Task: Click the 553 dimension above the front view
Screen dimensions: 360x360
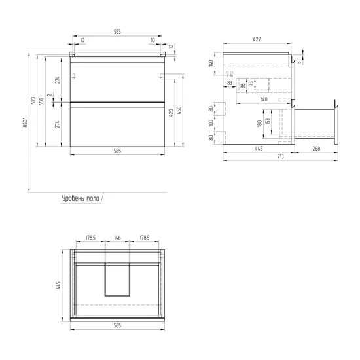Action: click(117, 32)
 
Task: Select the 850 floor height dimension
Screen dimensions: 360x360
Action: click(26, 122)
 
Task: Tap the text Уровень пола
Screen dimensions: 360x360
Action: click(81, 198)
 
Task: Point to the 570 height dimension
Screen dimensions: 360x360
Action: click(33, 101)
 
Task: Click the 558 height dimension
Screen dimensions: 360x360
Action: click(41, 101)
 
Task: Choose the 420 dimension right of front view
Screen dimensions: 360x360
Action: click(171, 113)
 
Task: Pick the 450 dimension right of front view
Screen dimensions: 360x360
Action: click(179, 110)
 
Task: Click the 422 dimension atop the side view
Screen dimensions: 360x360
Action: click(257, 39)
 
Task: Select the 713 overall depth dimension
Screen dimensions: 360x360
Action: click(281, 156)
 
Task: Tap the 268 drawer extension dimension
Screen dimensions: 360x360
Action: click(316, 149)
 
